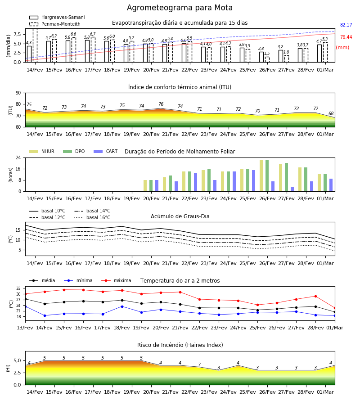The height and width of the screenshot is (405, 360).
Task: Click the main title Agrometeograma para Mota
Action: [x=180, y=8]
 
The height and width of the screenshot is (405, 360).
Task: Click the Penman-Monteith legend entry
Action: [x=55, y=24]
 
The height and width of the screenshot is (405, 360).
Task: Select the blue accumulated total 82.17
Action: [x=346, y=25]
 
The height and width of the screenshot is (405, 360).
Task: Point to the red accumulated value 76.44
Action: [x=346, y=37]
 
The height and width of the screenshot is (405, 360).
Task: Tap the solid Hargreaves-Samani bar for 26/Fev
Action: [x=261, y=57]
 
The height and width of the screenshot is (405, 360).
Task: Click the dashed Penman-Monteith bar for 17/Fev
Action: [x=93, y=50]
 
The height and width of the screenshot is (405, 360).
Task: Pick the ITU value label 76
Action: [x=161, y=104]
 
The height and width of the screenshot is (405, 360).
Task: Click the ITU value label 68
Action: [x=331, y=113]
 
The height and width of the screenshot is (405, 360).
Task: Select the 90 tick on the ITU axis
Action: [x=18, y=93]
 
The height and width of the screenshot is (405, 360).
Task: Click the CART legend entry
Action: [x=106, y=151]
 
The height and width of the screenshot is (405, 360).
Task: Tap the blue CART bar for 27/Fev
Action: [x=292, y=189]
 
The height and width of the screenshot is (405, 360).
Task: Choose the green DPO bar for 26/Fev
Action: [x=267, y=176]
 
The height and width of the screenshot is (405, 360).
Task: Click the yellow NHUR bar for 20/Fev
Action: [x=145, y=186]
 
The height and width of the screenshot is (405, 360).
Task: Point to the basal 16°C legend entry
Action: [x=92, y=217]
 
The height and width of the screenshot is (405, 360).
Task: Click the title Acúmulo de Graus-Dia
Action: [x=180, y=216]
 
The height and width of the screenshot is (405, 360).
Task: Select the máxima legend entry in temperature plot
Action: [x=116, y=280]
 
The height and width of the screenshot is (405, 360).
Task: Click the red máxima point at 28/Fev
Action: [x=315, y=296]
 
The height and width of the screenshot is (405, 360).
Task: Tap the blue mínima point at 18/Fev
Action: [x=122, y=306]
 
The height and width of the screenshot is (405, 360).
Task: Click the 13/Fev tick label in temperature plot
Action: [x=25, y=328]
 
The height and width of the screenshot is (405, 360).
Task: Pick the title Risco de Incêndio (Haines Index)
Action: [x=180, y=345]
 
